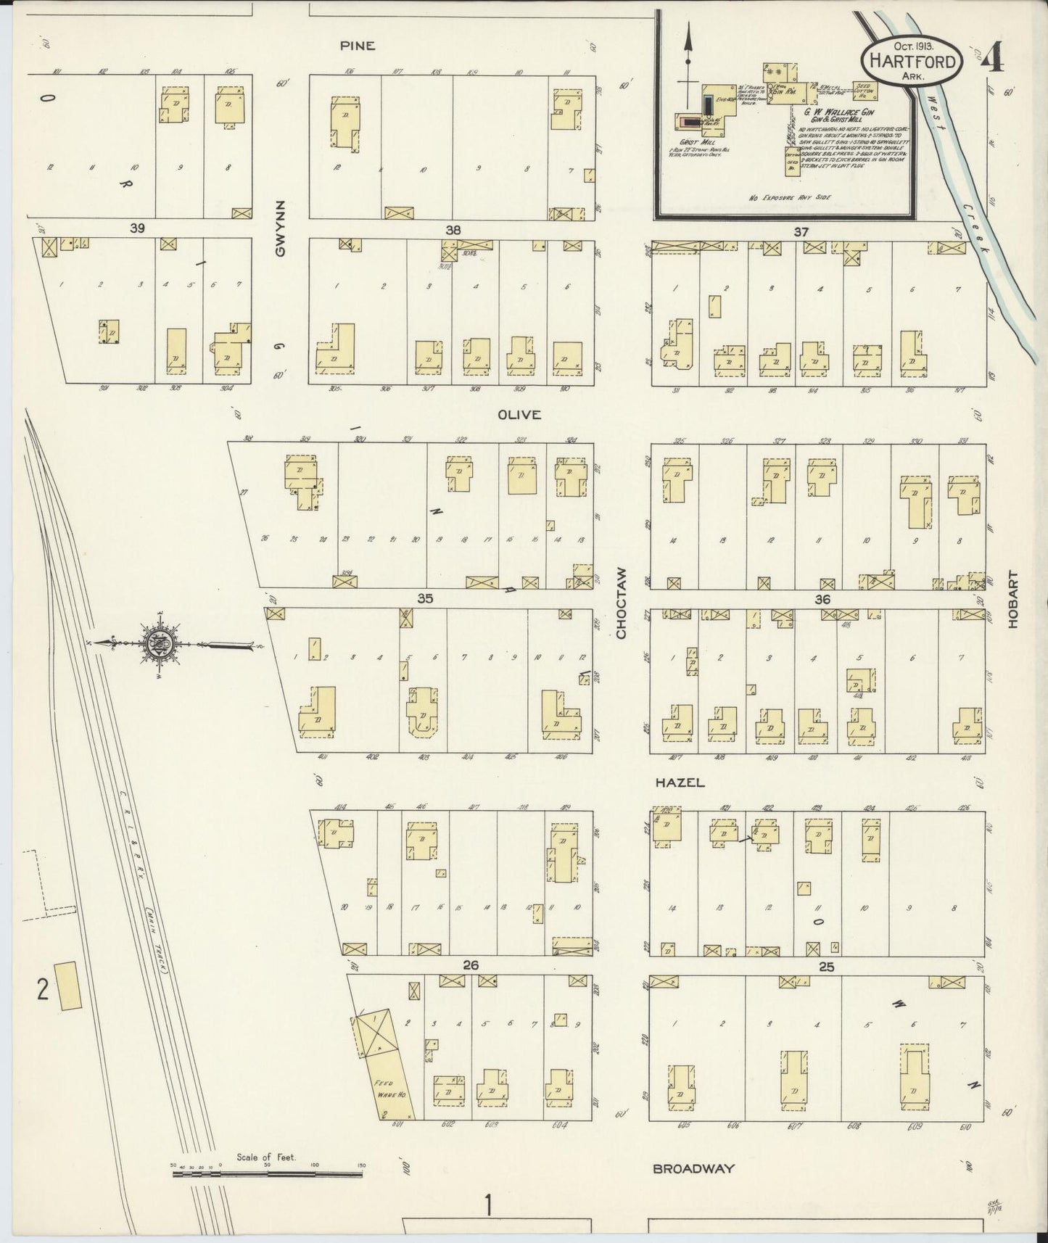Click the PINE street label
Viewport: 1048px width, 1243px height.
pos(358,46)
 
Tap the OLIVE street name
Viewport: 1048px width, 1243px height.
pos(519,415)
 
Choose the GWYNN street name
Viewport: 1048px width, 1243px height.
pos(281,227)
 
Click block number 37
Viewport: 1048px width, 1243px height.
pos(801,232)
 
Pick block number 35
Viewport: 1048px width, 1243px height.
pos(425,598)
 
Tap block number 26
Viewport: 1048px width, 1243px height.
pos(471,965)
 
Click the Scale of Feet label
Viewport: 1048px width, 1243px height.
pos(266,1157)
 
